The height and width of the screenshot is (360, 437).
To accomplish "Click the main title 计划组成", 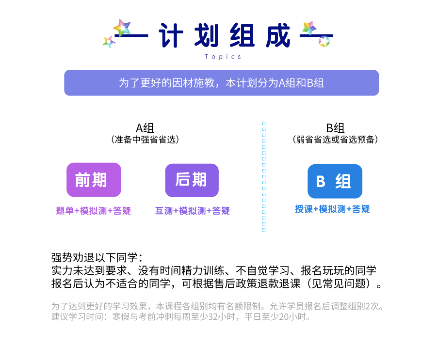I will point(225,36).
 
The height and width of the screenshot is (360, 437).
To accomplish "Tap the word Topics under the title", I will point(223,57).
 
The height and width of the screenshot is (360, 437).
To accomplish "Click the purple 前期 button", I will point(94,180).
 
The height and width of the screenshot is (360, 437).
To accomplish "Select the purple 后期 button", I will point(192,180).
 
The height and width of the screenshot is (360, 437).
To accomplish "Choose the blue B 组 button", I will point(335,181).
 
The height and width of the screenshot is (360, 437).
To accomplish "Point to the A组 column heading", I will point(145,128).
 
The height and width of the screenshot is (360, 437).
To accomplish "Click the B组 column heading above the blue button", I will point(335,128).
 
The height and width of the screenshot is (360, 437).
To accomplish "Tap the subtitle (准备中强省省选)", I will point(145,140).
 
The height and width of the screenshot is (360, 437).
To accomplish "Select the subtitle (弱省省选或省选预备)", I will point(335,140).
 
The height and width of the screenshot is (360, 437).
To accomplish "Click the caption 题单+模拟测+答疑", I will point(94,211).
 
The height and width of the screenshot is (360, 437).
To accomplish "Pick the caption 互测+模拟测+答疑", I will point(192,211).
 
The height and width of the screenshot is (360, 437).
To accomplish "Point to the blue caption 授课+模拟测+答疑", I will point(332,209).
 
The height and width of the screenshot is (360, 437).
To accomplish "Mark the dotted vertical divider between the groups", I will point(264,177).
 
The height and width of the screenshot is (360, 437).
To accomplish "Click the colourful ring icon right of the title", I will point(324,42).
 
